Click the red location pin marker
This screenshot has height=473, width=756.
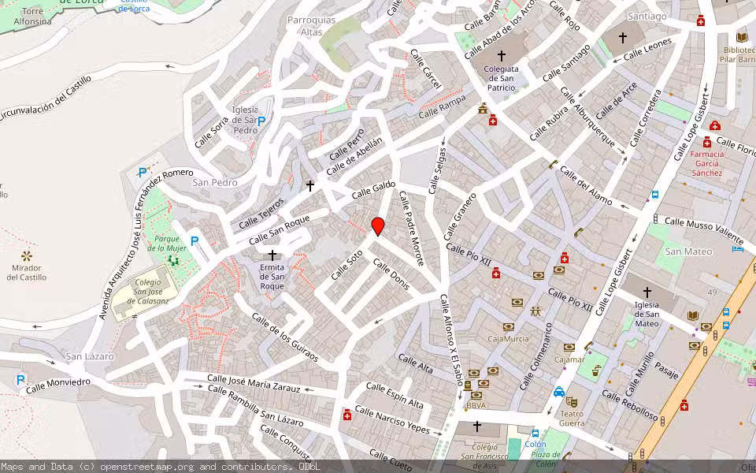tap(378, 225)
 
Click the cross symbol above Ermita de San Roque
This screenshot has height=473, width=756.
tap(273, 255)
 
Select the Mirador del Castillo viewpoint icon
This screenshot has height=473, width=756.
tap(27, 255)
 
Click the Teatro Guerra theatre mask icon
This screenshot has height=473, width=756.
tap(572, 402)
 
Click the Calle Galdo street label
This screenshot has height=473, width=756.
tap(373, 189)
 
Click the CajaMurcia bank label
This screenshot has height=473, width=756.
tap(508, 339)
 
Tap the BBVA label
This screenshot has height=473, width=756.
tap(476, 405)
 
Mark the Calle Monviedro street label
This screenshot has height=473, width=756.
tap(57, 385)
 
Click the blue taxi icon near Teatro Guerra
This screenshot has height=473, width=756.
tap(558, 392)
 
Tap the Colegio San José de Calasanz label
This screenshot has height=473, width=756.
tap(142, 291)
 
